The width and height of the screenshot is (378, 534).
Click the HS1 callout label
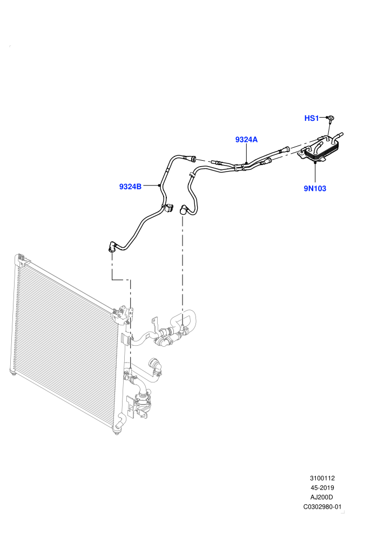pos(311,118)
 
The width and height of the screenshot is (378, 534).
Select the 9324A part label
pos(246,139)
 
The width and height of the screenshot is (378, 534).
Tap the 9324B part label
pos(130,187)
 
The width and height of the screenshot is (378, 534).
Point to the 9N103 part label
pos(315,188)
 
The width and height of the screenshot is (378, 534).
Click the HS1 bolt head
pos(330,118)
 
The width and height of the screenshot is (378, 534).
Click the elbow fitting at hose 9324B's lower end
pos(112,247)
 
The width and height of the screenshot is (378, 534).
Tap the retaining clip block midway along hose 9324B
pos(168,208)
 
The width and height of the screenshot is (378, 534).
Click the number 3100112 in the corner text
pos(322,478)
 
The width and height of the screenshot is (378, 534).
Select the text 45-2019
pos(322,488)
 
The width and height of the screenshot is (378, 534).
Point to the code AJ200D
pos(322,497)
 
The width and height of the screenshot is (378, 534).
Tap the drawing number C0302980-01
pos(322,506)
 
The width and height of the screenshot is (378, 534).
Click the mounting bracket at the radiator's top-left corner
pos(23,259)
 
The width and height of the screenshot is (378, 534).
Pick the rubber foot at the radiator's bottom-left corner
pos(13,373)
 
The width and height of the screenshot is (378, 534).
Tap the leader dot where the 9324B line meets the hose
pos(159,185)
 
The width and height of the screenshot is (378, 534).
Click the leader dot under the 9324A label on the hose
pos(246,163)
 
